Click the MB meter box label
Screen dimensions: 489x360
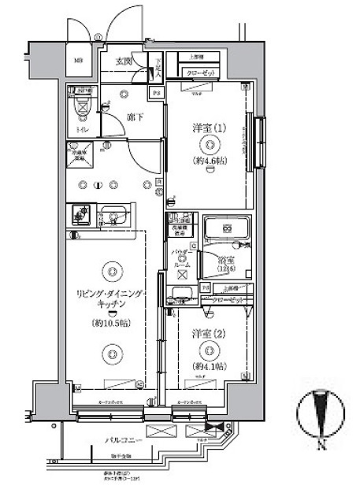pyautogui.click(x=79, y=61)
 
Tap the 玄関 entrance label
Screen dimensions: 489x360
pyautogui.click(x=124, y=61)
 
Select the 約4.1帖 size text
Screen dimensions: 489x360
pyautogui.click(x=210, y=366)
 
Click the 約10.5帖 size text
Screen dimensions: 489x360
pyautogui.click(x=111, y=323)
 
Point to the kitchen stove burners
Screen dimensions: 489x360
pyautogui.click(x=80, y=213)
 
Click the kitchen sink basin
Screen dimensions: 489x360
pyautogui.click(x=116, y=213)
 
